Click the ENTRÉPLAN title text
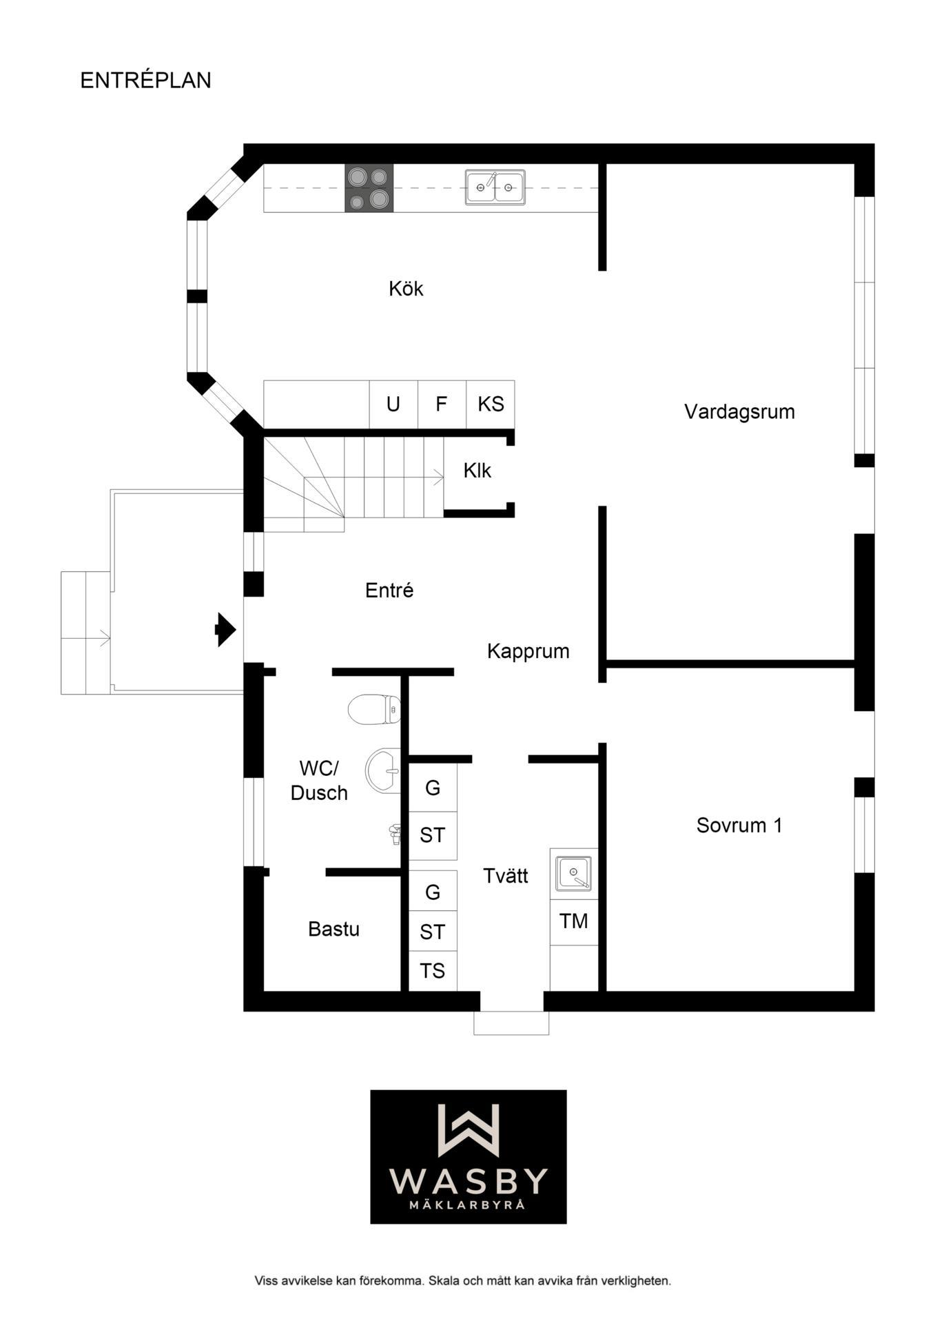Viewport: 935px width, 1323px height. [145, 80]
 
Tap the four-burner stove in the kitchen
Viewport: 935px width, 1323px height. [369, 187]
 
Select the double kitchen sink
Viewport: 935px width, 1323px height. [495, 187]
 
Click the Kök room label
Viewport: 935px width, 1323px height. [406, 288]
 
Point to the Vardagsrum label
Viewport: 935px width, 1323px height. [739, 411]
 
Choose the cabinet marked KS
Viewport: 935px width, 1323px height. [491, 404]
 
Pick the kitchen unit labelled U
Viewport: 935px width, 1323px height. [393, 404]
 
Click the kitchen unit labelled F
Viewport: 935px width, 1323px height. [442, 404]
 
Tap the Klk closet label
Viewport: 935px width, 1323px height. [477, 471]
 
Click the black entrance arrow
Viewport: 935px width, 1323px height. [226, 629]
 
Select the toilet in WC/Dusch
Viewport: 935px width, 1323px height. [374, 709]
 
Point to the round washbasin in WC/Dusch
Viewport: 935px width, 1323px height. [382, 771]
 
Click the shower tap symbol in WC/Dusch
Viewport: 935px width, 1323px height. [395, 834]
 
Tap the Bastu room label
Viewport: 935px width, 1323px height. [333, 929]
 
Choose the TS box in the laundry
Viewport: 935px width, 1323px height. [433, 971]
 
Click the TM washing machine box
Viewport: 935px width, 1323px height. [574, 921]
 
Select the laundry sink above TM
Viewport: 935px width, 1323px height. [573, 874]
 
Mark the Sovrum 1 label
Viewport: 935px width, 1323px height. [739, 825]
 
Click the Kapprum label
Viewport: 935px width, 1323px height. [528, 651]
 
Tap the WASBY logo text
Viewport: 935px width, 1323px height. [469, 1181]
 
